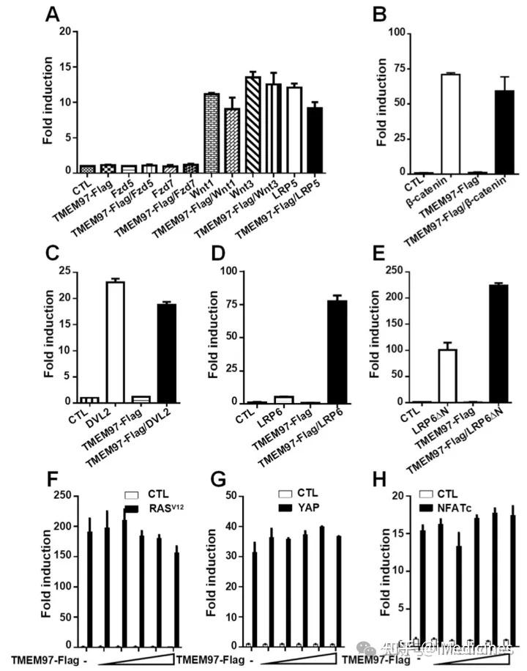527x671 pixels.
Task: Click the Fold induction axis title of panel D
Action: click(x=213, y=337)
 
